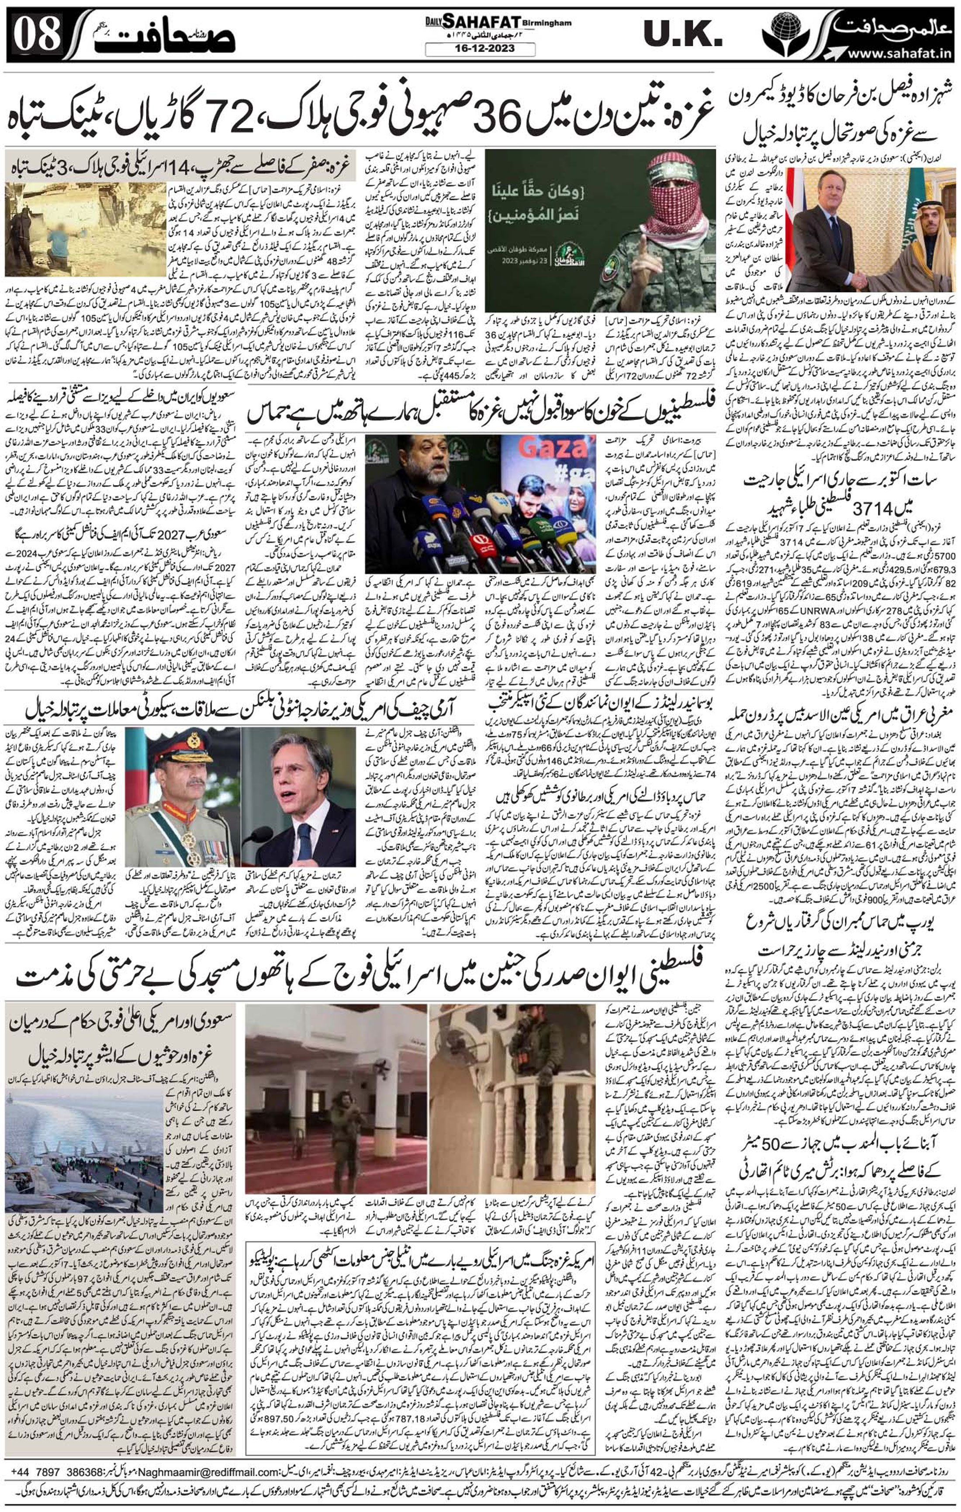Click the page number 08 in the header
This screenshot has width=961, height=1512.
click(x=36, y=35)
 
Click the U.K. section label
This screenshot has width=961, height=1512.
click(x=683, y=35)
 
